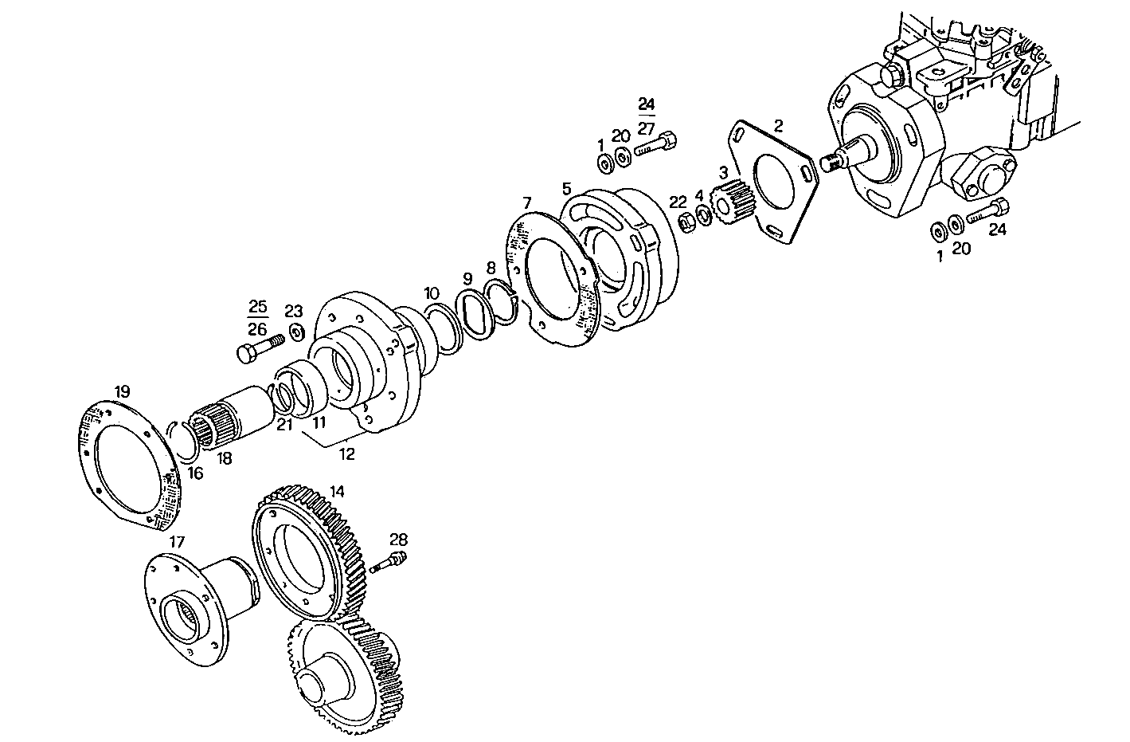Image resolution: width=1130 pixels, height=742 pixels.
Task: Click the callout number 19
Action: (x=122, y=391)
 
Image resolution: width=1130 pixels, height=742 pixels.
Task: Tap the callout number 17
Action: (x=177, y=542)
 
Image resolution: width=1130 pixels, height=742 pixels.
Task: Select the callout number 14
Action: (x=337, y=492)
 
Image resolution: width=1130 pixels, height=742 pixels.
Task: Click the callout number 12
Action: (x=347, y=454)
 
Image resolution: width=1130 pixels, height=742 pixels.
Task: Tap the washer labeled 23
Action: (x=296, y=331)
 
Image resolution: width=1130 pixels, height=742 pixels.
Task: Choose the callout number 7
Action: (x=526, y=202)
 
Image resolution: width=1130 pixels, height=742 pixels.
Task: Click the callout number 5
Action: (x=566, y=189)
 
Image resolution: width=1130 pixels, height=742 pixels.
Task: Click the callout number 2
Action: (x=778, y=125)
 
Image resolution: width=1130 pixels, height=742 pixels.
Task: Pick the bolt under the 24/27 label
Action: (x=658, y=145)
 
